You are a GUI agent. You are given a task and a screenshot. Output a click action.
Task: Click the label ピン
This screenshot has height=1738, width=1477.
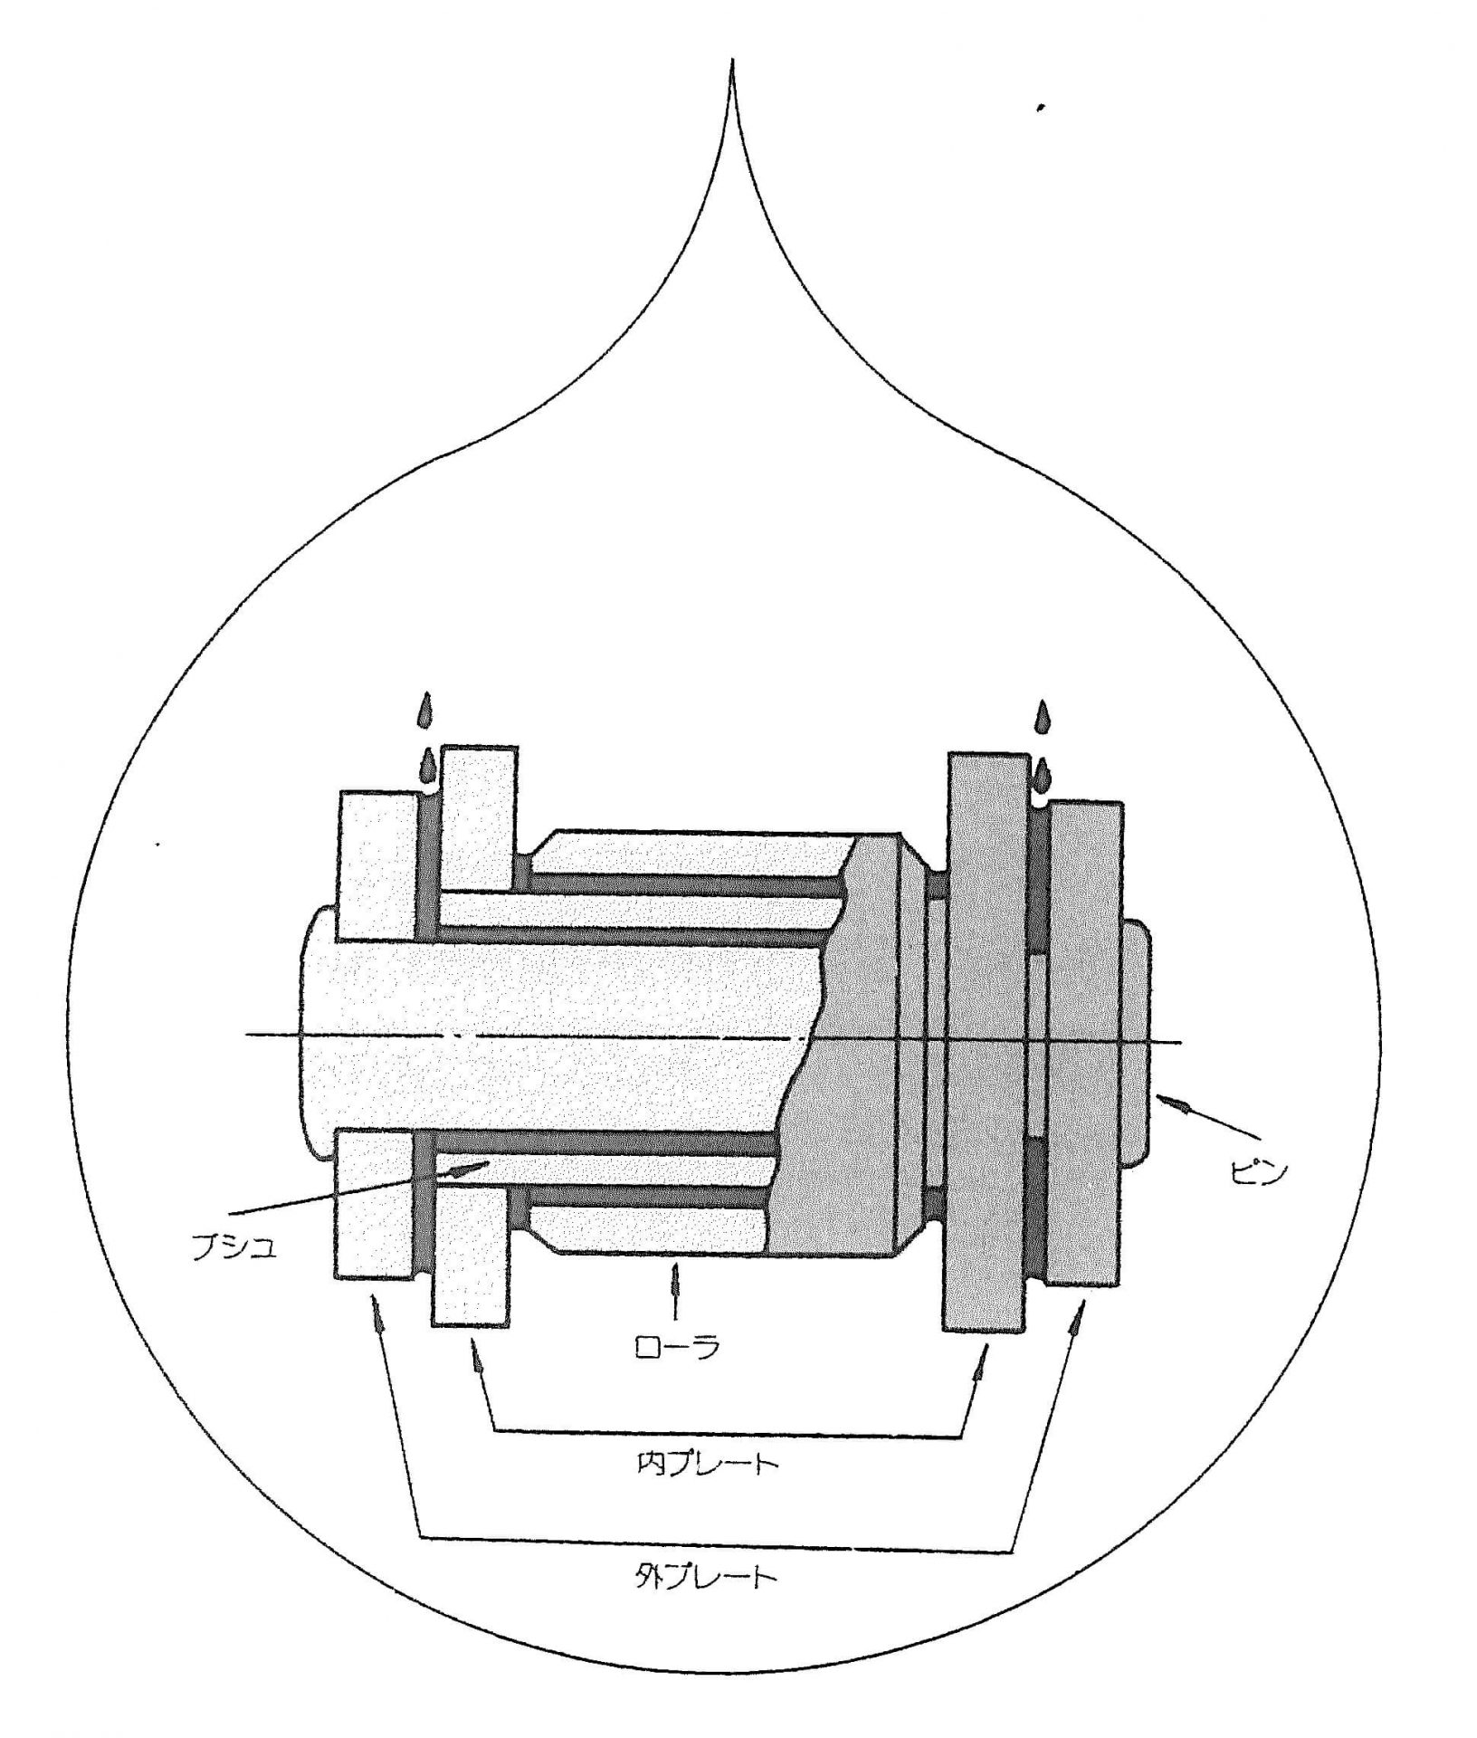tap(1259, 1173)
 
